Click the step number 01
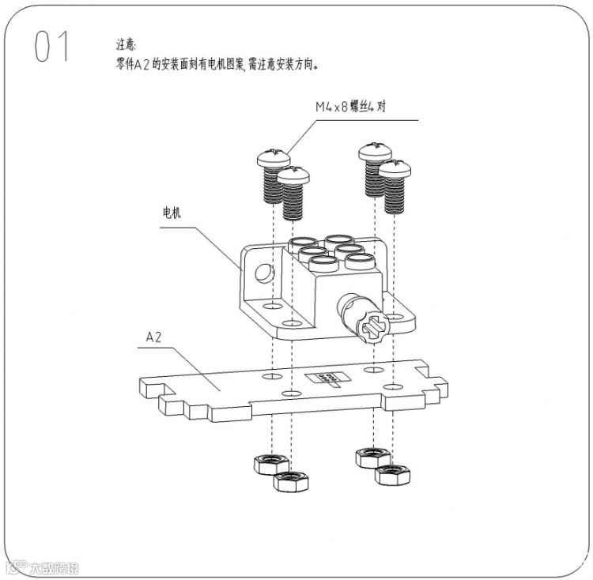[x=52, y=48]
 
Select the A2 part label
[x=154, y=337]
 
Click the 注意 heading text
[x=126, y=46]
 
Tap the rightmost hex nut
[x=391, y=476]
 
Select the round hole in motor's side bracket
[x=262, y=273]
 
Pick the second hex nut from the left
[x=290, y=481]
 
